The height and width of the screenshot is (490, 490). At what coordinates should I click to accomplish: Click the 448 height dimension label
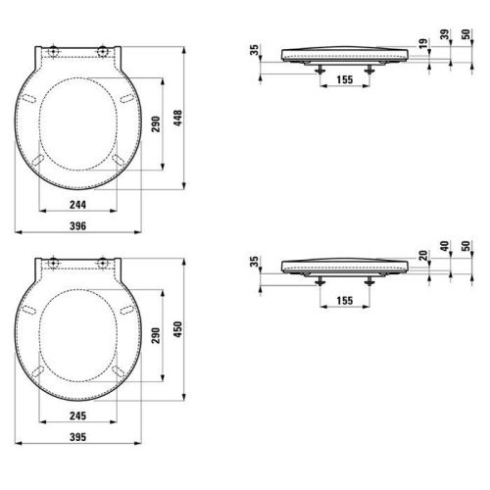pyautogui.click(x=177, y=118)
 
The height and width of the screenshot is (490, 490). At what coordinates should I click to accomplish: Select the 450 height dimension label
pyautogui.click(x=177, y=329)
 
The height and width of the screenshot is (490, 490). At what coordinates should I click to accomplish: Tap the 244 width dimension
pyautogui.click(x=77, y=205)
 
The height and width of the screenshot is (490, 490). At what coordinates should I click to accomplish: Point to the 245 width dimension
pyautogui.click(x=77, y=416)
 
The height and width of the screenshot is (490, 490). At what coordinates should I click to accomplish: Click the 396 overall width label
pyautogui.click(x=77, y=225)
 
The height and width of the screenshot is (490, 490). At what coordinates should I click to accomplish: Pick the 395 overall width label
pyautogui.click(x=77, y=437)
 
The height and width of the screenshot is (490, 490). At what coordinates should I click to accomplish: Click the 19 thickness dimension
pyautogui.click(x=423, y=43)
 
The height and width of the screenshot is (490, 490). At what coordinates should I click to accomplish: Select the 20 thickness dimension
pyautogui.click(x=423, y=256)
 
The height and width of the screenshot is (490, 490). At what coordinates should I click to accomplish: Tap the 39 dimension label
pyautogui.click(x=445, y=34)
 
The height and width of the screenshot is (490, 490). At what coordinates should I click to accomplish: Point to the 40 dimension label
pyautogui.click(x=445, y=246)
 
